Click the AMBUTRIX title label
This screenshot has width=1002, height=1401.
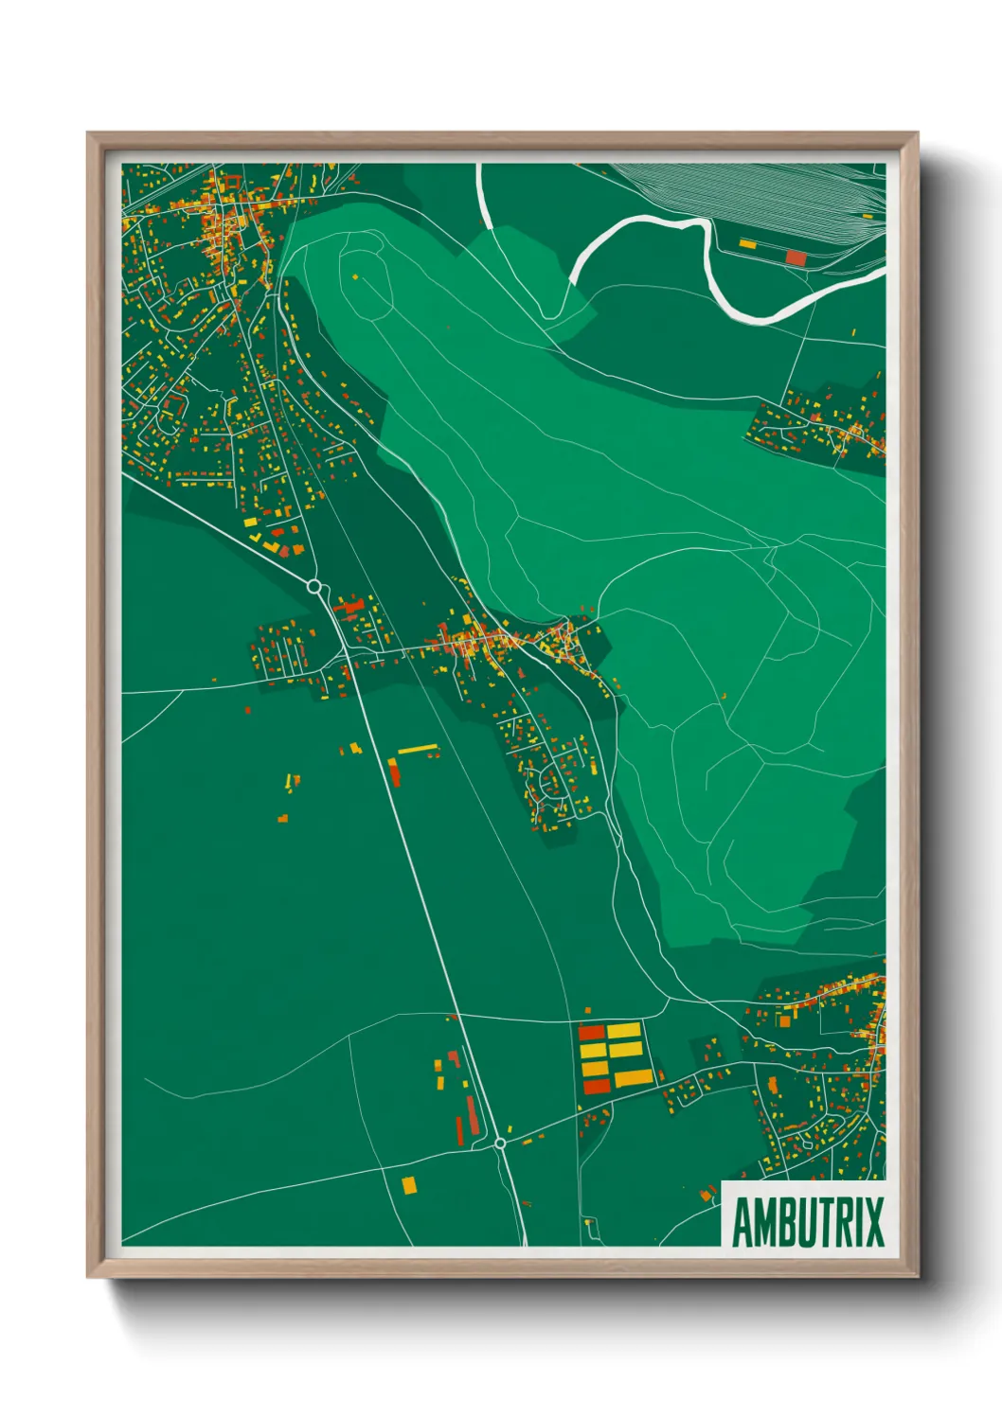[x=807, y=1222]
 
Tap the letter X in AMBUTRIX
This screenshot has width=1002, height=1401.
[x=872, y=1222]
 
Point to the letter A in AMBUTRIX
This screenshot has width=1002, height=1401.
[x=743, y=1223]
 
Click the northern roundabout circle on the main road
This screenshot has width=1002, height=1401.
[x=313, y=587]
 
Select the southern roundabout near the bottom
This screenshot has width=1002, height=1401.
[x=500, y=1144]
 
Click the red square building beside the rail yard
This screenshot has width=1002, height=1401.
[x=796, y=257]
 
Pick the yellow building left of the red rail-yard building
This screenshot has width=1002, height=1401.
[x=747, y=244]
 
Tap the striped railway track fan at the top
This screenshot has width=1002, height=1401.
[x=758, y=194]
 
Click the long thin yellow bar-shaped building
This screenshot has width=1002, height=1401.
[x=418, y=750]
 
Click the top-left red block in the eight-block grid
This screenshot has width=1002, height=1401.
[x=591, y=1032]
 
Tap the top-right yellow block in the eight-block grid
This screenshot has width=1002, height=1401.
[x=624, y=1030]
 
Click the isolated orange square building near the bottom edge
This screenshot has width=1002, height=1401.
[x=409, y=1184]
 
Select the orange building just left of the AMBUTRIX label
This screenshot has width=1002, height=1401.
[x=706, y=1196]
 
